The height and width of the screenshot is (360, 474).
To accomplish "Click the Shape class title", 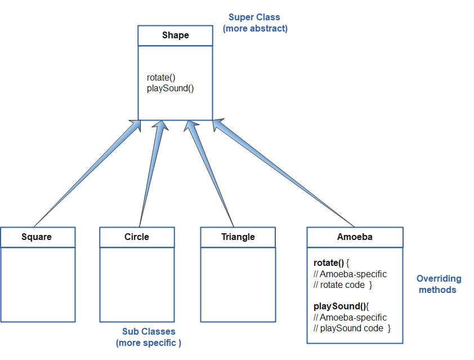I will (x=175, y=35).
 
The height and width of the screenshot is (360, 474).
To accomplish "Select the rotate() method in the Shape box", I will (x=161, y=78).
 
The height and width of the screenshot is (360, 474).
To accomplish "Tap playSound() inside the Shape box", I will (x=170, y=88).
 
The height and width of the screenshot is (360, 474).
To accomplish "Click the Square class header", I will (x=37, y=237).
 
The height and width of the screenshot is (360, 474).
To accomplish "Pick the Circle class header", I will (x=137, y=237).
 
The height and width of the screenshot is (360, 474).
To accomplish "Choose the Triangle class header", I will (x=238, y=237).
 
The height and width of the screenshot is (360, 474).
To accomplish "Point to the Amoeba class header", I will (x=355, y=237).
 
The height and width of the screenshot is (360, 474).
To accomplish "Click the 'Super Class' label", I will (x=254, y=17).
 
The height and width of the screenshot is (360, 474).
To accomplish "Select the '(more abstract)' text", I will (x=255, y=28).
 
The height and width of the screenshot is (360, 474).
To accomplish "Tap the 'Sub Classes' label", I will (x=149, y=332).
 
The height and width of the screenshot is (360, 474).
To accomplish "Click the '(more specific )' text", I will (x=149, y=343).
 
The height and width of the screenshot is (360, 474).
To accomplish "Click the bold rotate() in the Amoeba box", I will (x=328, y=263).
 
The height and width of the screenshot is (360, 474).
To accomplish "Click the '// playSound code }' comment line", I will (x=352, y=328).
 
